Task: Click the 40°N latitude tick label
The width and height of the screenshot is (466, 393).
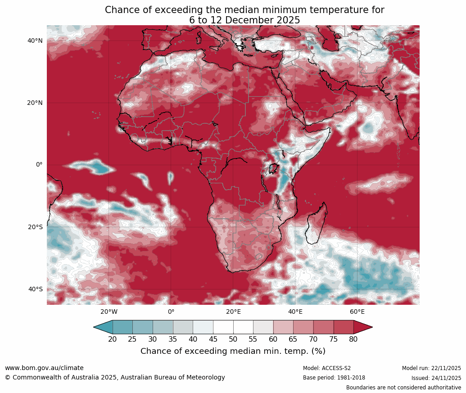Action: click(35, 41)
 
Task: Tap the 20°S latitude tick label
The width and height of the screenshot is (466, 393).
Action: click(35, 227)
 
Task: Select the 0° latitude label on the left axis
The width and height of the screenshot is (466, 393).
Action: click(39, 165)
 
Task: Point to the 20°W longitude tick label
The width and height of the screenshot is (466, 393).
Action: click(109, 312)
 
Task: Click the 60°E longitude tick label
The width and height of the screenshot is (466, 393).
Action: click(357, 312)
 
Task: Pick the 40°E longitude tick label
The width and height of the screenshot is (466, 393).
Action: click(295, 312)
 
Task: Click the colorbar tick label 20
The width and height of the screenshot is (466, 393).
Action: click(113, 339)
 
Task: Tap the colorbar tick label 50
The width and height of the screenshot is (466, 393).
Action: click(233, 339)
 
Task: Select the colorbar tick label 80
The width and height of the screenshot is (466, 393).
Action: click(353, 339)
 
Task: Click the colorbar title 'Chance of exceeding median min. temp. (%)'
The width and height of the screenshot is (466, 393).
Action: click(233, 351)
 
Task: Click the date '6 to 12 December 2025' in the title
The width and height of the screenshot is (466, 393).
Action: click(244, 20)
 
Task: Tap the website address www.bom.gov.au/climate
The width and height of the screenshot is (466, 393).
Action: click(44, 368)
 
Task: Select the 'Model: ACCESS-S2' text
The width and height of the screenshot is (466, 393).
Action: click(327, 368)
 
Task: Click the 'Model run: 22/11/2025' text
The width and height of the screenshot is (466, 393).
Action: click(431, 368)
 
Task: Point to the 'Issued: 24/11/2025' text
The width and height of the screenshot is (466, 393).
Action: click(436, 378)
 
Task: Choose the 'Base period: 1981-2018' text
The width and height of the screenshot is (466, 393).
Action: click(334, 378)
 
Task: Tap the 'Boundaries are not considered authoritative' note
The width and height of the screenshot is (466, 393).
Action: click(403, 388)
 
